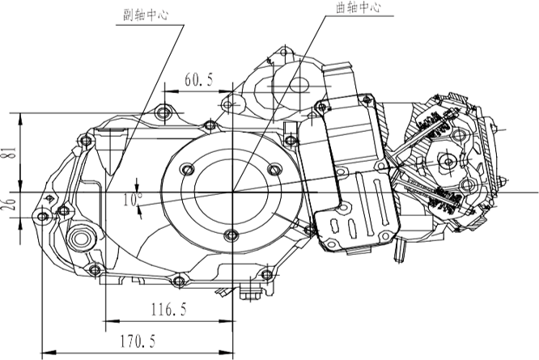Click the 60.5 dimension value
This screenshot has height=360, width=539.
[199, 78]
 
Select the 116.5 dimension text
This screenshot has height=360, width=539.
[168, 308]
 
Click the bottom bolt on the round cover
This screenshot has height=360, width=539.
[233, 235]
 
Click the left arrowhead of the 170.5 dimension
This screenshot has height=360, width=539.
[44, 354]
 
